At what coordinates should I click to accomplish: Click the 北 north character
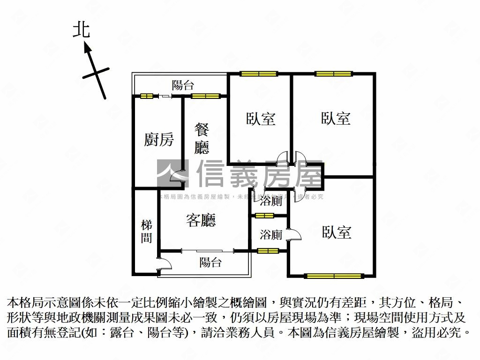pyautogui.click(x=81, y=30)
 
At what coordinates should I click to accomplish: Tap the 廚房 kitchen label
pyautogui.click(x=159, y=140)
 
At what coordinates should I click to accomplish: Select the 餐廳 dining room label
pyautogui.click(x=202, y=139)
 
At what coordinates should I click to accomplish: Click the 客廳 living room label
pyautogui.click(x=201, y=220)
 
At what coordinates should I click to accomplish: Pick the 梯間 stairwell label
pyautogui.click(x=147, y=232)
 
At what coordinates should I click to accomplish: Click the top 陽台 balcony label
pyautogui.click(x=183, y=85)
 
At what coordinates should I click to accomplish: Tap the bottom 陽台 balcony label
pyautogui.click(x=210, y=262)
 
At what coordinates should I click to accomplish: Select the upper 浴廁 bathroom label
pyautogui.click(x=271, y=202)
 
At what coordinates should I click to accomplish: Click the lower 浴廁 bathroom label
pyautogui.click(x=271, y=234)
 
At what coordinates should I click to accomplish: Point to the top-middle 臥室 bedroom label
pyautogui.click(x=261, y=119)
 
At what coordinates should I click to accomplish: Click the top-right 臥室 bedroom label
pyautogui.click(x=336, y=118)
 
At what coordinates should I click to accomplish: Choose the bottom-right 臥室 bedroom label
pyautogui.click(x=337, y=232)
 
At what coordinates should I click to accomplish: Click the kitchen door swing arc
pyautogui.click(x=177, y=176)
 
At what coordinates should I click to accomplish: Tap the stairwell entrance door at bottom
pyautogui.click(x=165, y=264)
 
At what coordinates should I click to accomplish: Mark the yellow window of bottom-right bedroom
pyautogui.click(x=334, y=276)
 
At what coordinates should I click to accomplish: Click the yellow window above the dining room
pyautogui.click(x=205, y=96)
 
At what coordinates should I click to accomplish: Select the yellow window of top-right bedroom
pyautogui.click(x=333, y=74)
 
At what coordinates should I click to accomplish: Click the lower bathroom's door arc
pyautogui.click(x=293, y=234)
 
